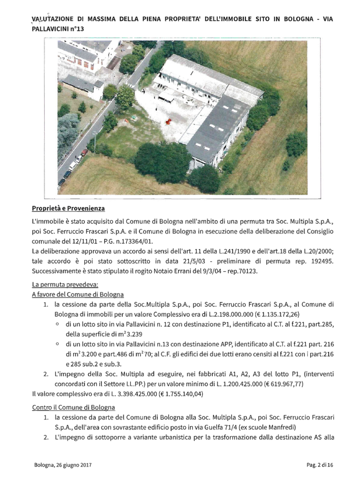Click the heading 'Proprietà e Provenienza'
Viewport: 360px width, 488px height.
coord(67,209)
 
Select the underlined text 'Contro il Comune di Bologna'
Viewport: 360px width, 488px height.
coord(73,407)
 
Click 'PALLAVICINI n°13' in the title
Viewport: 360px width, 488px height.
coord(58,28)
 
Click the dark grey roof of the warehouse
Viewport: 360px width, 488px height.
coord(216,128)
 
